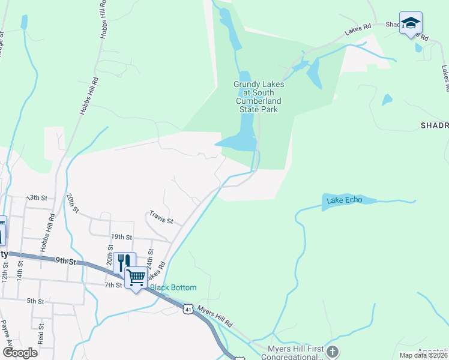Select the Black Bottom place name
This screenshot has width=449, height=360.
pos(173,287)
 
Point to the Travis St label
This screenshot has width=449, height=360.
pos(161,217)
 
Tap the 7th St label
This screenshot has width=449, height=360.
pos(113,285)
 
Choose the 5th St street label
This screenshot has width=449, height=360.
pos(35,301)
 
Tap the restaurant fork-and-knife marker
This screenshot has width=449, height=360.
pos(124,262)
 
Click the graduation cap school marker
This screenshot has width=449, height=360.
pos(411,23)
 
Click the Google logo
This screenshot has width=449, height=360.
pos(20,352)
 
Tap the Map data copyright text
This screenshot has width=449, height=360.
pos(423,355)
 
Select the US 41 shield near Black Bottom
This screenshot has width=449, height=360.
pos(188,308)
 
